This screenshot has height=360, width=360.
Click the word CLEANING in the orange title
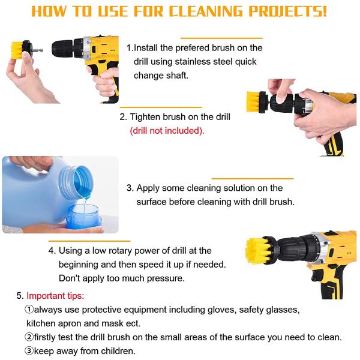[206, 11]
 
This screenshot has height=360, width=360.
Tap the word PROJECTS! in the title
[287, 11]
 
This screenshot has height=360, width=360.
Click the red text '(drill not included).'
[167, 131]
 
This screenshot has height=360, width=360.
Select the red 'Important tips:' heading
[55, 296]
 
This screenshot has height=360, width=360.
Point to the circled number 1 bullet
[29, 310]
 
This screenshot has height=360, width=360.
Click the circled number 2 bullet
[29, 337]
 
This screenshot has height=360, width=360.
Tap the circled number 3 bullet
[29, 351]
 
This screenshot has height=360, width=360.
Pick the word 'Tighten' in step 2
[145, 117]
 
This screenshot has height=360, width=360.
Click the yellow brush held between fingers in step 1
[17, 50]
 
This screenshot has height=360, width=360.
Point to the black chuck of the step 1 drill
[62, 49]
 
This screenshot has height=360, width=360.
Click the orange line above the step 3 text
[253, 178]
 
